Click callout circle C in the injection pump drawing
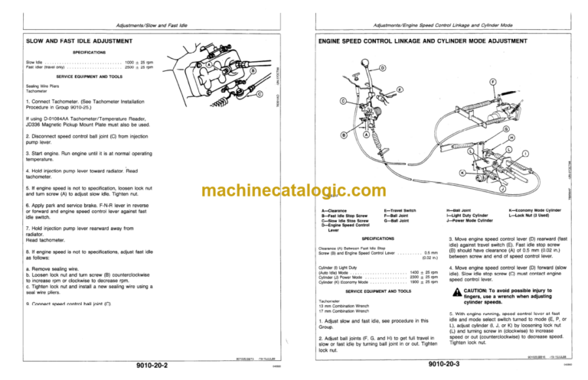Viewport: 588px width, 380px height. pyautogui.click(x=260, y=94)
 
